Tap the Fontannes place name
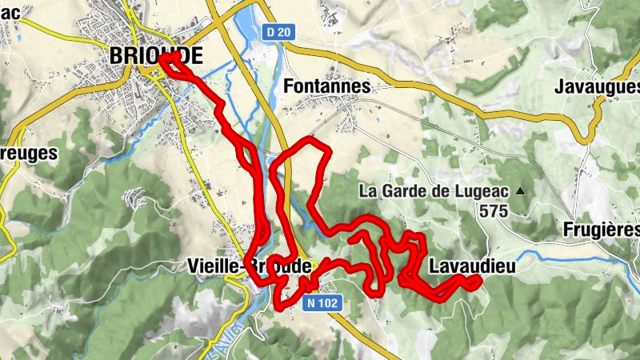pos(327,86)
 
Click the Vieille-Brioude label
pos(248,266)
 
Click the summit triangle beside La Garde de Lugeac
pos(521,191)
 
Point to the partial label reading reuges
pos(28,151)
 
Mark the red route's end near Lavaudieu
pos(478,279)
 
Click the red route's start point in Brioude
pos(162,58)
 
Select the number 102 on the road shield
pos(329,303)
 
